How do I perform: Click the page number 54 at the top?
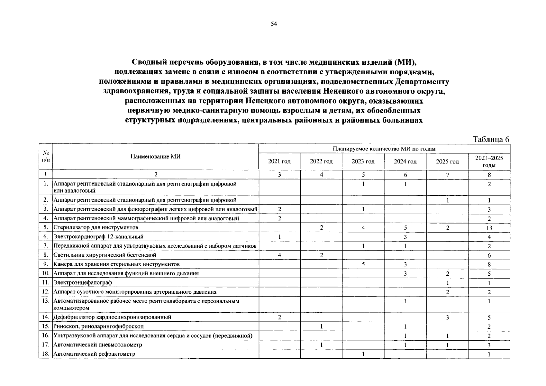click(274, 24)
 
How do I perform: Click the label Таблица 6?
click(491, 139)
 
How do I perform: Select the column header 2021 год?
click(279, 161)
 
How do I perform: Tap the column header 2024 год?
click(405, 161)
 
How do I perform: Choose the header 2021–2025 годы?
click(489, 161)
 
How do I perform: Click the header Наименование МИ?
click(156, 157)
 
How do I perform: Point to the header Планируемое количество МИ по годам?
click(384, 149)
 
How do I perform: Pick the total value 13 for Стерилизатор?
click(489, 228)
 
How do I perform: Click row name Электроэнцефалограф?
click(83, 282)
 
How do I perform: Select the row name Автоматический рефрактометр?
click(94, 354)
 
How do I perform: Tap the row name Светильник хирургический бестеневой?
click(105, 255)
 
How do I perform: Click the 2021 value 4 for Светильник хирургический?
click(279, 255)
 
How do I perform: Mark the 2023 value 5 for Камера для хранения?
click(363, 264)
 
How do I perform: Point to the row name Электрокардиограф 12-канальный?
click(98, 237)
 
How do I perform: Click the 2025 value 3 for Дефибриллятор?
click(447, 317)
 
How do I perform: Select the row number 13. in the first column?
click(46, 301)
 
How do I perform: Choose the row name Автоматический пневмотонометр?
click(98, 345)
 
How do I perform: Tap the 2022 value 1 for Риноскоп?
click(321, 326)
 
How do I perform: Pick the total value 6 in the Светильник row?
click(489, 255)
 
